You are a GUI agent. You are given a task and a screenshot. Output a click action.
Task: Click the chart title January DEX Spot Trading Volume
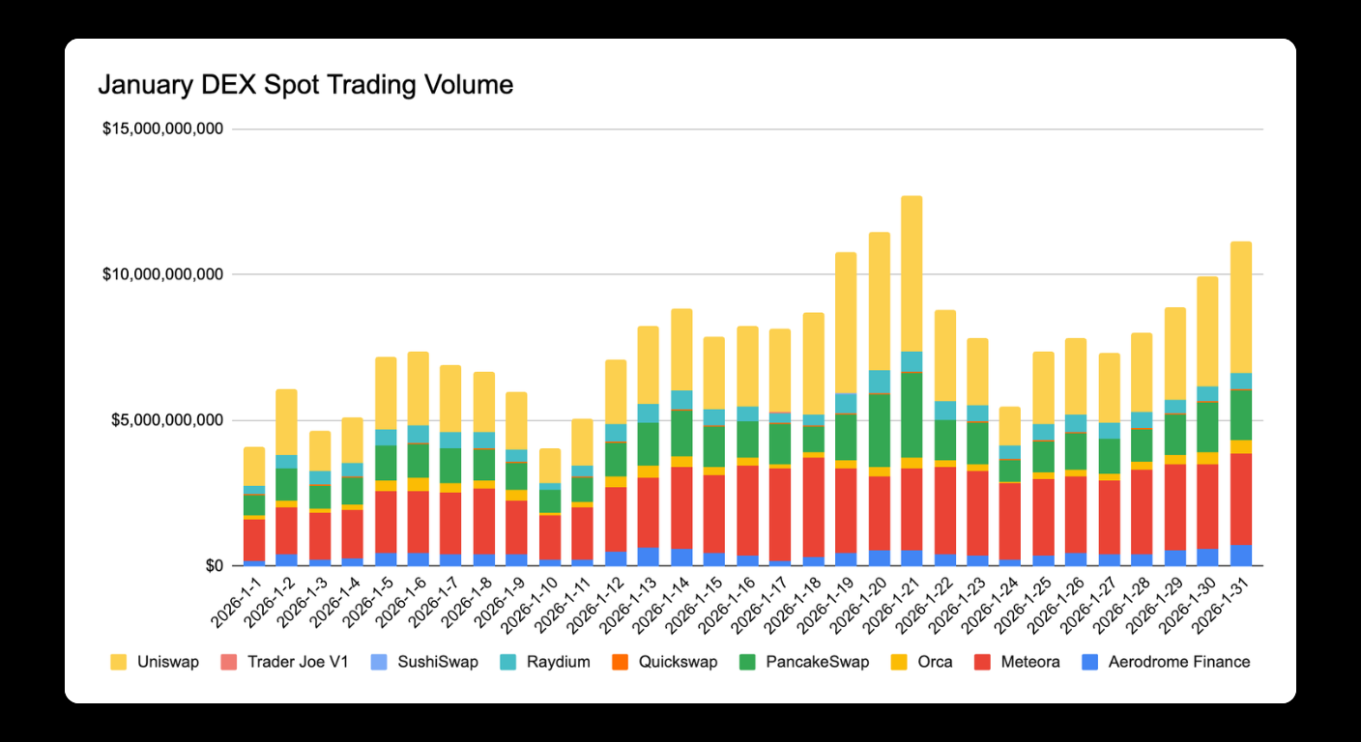pos(305,85)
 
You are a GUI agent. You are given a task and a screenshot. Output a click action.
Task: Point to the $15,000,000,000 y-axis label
pos(162,128)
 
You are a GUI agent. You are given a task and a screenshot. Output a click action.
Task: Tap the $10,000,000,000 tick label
pos(162,274)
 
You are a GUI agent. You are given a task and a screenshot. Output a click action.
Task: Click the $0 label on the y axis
pos(210,566)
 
